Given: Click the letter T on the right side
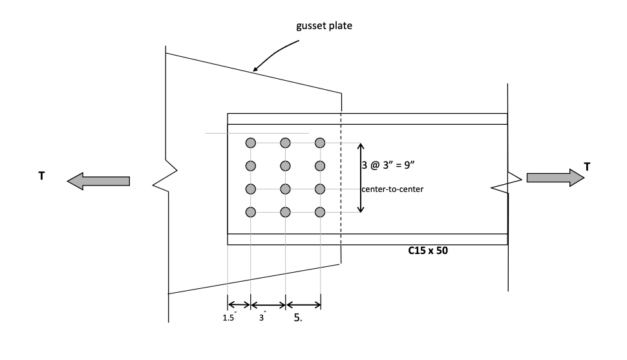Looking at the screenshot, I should tap(587, 167).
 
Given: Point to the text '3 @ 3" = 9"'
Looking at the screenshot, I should tap(393, 165).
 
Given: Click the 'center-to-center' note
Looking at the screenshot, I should tap(393, 189).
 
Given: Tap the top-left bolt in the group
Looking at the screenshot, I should tap(251, 143).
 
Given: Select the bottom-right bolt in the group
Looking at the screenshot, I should tap(319, 211).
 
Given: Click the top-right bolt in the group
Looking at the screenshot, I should tap(319, 143).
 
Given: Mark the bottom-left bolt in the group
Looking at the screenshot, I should tap(251, 211).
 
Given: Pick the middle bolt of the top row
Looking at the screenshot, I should tap(285, 143).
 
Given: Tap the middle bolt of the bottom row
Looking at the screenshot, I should tap(285, 211).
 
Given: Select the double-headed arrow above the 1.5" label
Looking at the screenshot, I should tap(239, 304).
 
